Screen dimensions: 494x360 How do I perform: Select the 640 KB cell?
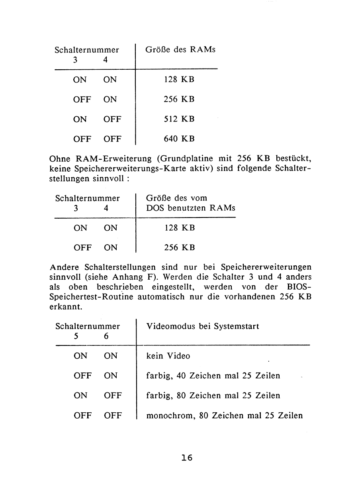pyautogui.click(x=179, y=139)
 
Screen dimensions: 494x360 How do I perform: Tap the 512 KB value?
pyautogui.click(x=179, y=119)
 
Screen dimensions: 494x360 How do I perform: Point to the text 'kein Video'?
pyautogui.click(x=168, y=356)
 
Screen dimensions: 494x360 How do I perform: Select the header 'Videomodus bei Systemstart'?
pyautogui.click(x=203, y=326)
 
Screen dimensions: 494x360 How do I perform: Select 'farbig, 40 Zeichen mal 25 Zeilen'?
pyautogui.click(x=213, y=376)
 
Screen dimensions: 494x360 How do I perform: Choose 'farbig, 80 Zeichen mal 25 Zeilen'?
pyautogui.click(x=213, y=396)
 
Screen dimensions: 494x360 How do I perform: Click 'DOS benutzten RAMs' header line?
pyautogui.click(x=190, y=208)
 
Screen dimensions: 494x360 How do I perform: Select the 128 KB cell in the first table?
pyautogui.click(x=179, y=80)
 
